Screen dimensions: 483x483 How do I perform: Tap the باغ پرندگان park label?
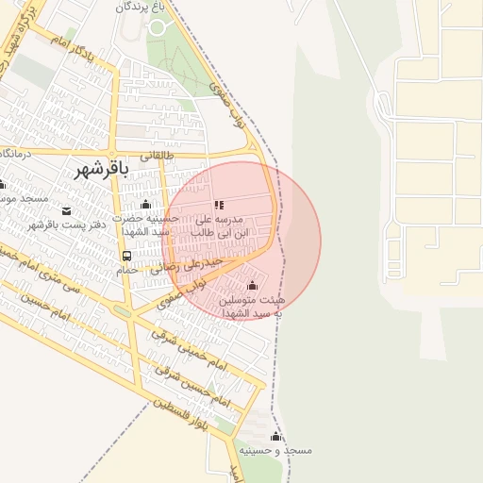pyautogui.click(x=147, y=7)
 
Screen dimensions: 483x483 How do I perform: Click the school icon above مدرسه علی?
pyautogui.click(x=219, y=205)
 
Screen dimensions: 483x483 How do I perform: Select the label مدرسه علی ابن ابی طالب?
pyautogui.click(x=220, y=225)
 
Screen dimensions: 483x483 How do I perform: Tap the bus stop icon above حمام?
pyautogui.click(x=126, y=256)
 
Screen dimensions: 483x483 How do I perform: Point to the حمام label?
pyautogui.click(x=126, y=270)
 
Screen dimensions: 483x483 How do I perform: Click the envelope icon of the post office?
pyautogui.click(x=66, y=209)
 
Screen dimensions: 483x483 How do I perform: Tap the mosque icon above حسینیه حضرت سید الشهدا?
pyautogui.click(x=144, y=205)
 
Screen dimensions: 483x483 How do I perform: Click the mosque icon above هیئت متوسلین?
pyautogui.click(x=252, y=286)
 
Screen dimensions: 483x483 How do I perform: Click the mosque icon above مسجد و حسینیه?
pyautogui.click(x=275, y=437)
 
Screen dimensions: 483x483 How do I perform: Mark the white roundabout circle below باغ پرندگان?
pyautogui.click(x=158, y=27)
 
